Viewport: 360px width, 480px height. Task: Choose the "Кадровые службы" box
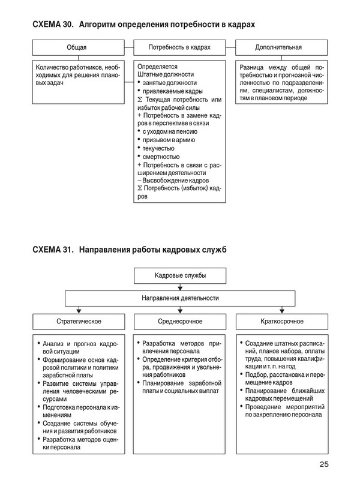[x=179, y=277]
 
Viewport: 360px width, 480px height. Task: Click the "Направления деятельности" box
[x=179, y=298]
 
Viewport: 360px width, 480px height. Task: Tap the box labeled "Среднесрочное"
[x=179, y=320]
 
